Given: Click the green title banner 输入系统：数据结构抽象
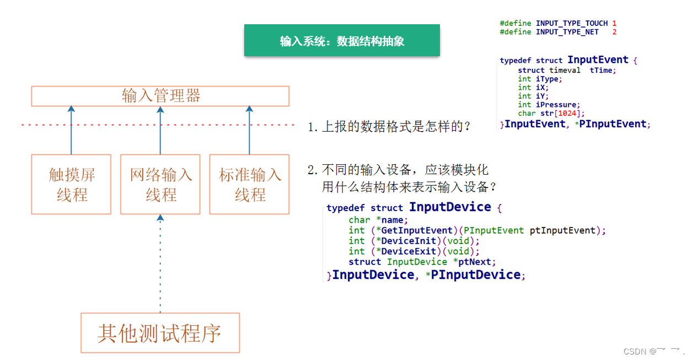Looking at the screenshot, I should pos(342,41).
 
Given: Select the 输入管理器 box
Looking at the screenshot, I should pos(160,96).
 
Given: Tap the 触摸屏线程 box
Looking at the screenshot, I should pos(72,185).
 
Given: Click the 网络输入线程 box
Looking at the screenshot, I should pos(160,185).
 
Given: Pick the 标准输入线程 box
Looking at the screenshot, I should pos(250,185).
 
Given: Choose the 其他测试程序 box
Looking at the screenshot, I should pos(160,333).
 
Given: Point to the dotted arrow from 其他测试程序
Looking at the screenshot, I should pos(160,265).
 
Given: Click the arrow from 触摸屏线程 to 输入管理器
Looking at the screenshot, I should pos(71,131).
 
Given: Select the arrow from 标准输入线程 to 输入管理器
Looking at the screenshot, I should pos(249,131).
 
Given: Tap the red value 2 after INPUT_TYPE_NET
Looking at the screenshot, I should pos(614,32).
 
